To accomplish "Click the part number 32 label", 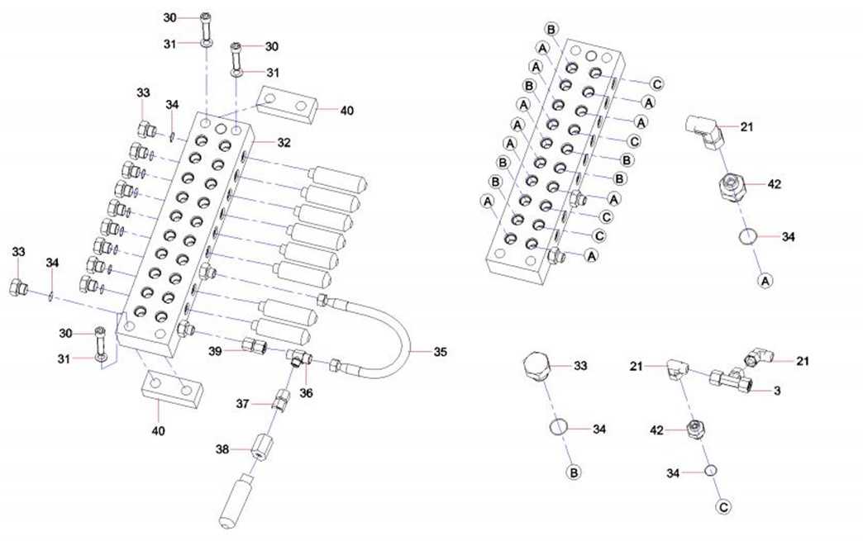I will click(284, 142).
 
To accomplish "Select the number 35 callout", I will click(440, 351).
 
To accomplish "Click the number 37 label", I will click(242, 403).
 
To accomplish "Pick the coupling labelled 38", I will click(263, 448).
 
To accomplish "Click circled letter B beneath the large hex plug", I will click(572, 472).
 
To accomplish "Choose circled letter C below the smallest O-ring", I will click(724, 505).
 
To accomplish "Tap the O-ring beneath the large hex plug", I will click(559, 428).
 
